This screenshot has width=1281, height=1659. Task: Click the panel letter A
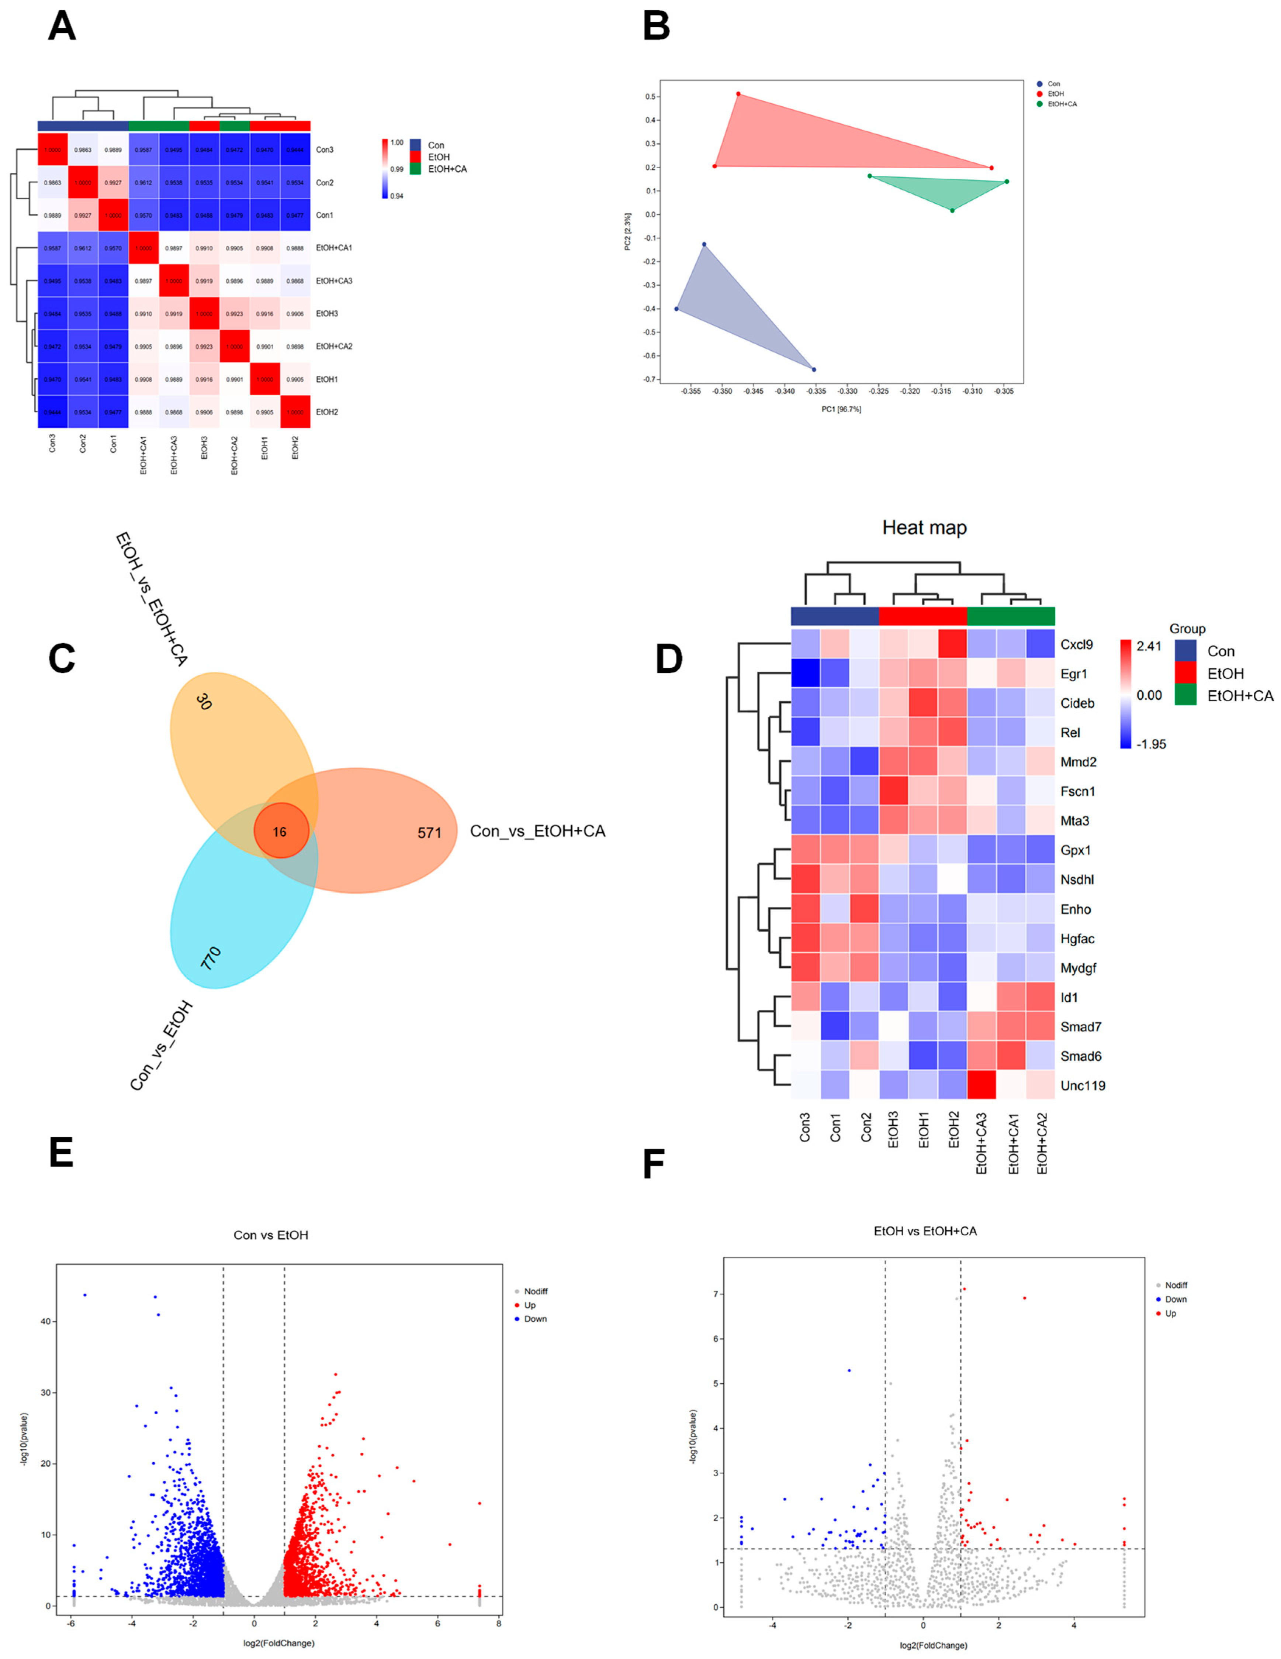(62, 27)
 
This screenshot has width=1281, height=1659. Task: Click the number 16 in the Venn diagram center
(280, 832)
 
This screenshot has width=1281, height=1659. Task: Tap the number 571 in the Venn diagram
(429, 833)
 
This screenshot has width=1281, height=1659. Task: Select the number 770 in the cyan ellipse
(210, 958)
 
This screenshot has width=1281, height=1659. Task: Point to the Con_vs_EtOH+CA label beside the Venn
(538, 831)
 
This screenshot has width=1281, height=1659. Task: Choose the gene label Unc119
(1083, 1085)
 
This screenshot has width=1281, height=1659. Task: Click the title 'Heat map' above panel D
(924, 528)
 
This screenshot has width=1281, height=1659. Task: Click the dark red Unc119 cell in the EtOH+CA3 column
(981, 1085)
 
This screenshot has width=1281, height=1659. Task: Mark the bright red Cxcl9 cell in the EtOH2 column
(952, 644)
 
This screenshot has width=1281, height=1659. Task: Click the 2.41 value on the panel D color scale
(1149, 646)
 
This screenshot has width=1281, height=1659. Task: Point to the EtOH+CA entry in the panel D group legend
(1240, 696)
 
